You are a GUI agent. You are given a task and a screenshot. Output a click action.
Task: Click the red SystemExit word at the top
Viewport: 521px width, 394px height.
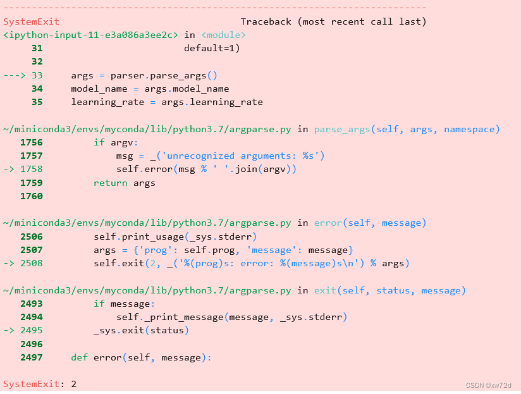(31, 22)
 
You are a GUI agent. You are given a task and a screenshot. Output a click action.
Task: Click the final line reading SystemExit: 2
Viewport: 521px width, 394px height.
(40, 384)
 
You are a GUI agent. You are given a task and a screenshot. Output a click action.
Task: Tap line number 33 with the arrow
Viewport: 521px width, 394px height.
(37, 75)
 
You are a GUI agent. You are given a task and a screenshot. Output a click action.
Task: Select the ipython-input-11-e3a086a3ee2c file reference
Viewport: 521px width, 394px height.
(90, 35)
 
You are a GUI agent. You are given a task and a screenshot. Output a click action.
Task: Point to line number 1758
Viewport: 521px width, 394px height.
(32, 169)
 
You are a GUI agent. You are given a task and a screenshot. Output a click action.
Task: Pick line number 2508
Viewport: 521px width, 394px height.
(32, 263)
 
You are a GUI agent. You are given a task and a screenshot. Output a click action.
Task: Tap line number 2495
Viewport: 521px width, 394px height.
(32, 330)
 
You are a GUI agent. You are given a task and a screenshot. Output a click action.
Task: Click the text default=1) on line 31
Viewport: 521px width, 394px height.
(212, 48)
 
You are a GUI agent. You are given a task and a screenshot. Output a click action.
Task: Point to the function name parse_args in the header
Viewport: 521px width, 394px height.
(342, 129)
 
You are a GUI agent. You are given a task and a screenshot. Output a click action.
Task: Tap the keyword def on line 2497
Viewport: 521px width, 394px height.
(79, 357)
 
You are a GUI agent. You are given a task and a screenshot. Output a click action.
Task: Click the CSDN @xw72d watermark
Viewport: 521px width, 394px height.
(489, 385)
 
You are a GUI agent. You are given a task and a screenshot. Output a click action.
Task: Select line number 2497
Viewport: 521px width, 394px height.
(32, 357)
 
